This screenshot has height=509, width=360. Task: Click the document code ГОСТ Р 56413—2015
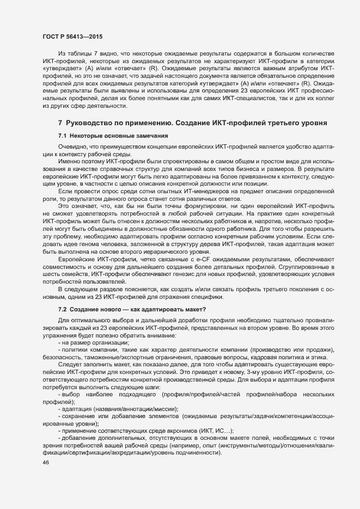click(x=72, y=36)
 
